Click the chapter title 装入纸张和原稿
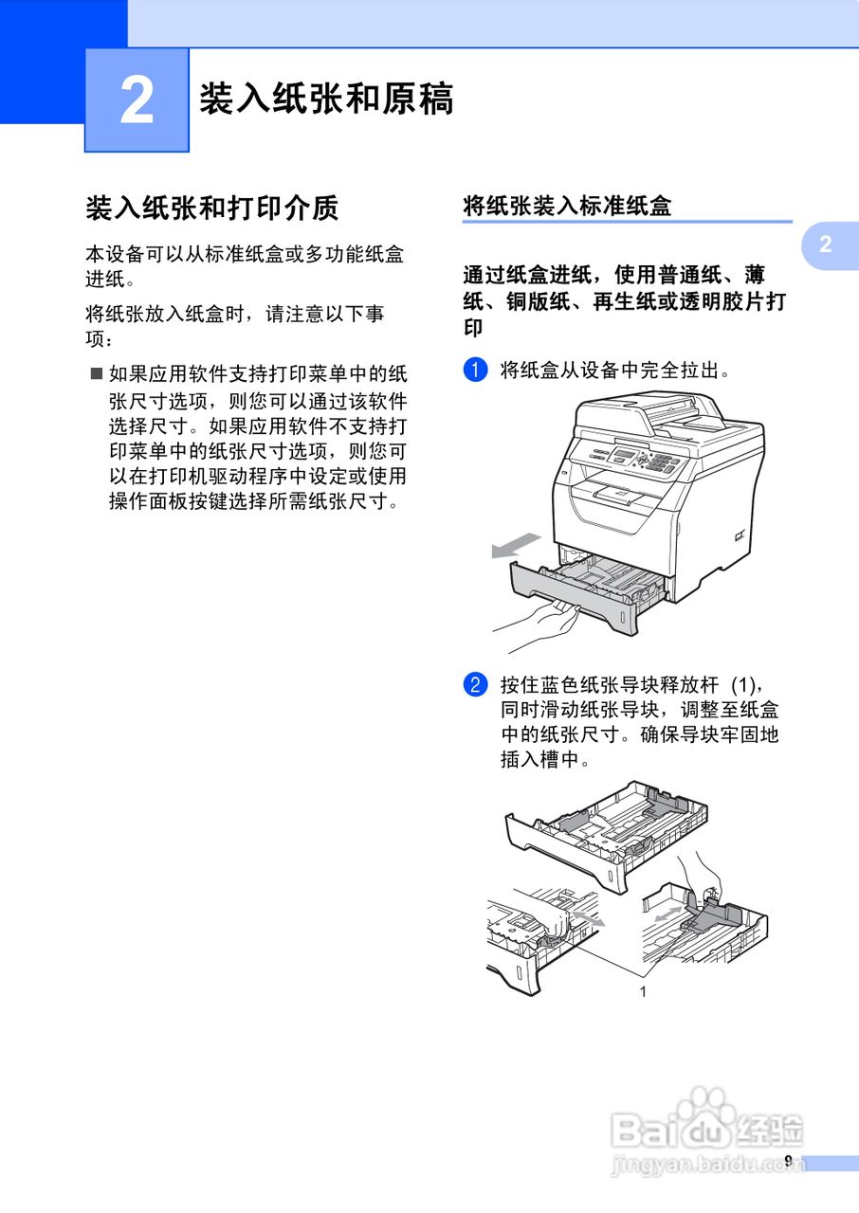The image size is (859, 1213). click(326, 99)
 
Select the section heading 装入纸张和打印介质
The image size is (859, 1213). click(212, 208)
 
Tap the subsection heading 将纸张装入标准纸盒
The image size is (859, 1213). click(567, 206)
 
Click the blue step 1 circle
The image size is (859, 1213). click(475, 370)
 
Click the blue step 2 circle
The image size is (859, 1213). click(475, 684)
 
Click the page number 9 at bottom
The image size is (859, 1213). click(787, 1161)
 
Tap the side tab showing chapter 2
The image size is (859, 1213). click(826, 244)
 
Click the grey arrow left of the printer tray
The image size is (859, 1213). click(515, 548)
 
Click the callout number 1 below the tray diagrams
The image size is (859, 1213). click(643, 991)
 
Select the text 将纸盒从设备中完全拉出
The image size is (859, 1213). click(615, 370)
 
